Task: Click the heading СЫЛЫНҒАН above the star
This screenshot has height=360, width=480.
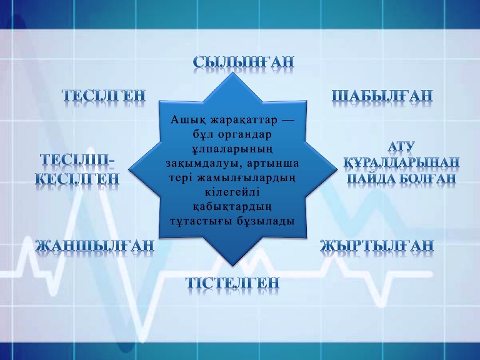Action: pyautogui.click(x=243, y=61)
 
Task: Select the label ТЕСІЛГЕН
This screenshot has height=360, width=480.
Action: pyautogui.click(x=104, y=95)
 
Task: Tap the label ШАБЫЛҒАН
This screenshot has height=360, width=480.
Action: pyautogui.click(x=382, y=96)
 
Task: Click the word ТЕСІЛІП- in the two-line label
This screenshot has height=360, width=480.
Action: pyautogui.click(x=77, y=160)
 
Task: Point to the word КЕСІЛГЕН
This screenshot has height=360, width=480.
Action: pyautogui.click(x=77, y=178)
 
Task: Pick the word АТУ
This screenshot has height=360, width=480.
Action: pyautogui.click(x=401, y=146)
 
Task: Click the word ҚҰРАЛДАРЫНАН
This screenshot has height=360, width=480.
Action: pyautogui.click(x=401, y=162)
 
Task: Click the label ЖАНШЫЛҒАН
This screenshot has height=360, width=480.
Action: pyautogui.click(x=94, y=246)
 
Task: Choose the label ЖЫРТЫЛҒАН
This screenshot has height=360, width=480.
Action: pyautogui.click(x=377, y=246)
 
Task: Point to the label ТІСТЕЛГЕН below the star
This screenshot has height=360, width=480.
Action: pyautogui.click(x=232, y=282)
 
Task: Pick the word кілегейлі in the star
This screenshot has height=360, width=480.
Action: pyautogui.click(x=232, y=192)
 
